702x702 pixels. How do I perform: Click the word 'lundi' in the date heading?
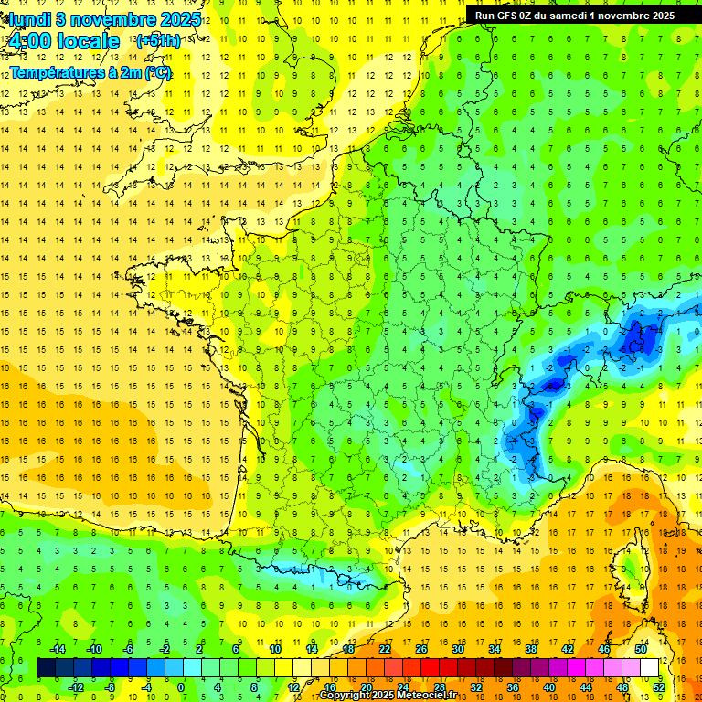click(27, 19)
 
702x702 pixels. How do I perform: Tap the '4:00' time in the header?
click(30, 41)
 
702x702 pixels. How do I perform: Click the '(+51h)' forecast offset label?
click(157, 41)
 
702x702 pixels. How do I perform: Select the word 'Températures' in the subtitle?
click(54, 73)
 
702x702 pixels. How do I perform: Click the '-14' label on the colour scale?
click(57, 649)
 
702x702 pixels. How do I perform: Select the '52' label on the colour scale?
click(659, 687)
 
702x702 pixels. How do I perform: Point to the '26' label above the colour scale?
click(421, 649)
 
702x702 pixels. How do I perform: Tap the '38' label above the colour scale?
click(531, 649)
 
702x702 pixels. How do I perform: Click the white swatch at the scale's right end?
click(650, 668)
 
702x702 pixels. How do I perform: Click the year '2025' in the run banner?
click(658, 16)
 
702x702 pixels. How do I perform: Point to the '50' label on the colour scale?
click(641, 649)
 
